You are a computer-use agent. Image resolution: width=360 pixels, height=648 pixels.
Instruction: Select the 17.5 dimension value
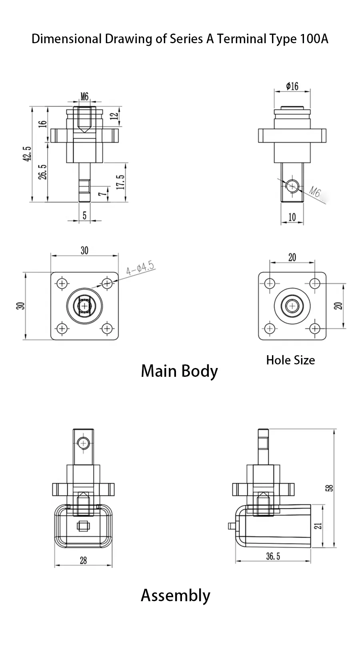121,182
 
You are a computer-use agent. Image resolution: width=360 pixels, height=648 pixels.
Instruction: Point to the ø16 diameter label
292,86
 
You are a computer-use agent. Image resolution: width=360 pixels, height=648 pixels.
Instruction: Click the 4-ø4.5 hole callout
140,268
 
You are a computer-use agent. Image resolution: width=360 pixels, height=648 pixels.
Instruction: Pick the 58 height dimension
330,488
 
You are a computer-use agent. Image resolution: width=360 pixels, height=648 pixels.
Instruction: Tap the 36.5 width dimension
273,556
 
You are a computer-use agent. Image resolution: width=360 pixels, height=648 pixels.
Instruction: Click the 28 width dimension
83,560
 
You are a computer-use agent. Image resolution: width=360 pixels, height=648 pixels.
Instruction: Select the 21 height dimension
318,526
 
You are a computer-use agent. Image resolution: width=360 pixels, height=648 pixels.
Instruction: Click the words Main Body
179,371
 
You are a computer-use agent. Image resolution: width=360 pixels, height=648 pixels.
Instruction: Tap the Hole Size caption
290,360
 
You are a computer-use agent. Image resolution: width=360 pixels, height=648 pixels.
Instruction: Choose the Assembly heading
175,595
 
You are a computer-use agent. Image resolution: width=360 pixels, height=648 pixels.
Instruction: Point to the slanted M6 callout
315,193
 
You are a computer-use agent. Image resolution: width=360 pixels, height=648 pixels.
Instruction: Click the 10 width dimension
292,217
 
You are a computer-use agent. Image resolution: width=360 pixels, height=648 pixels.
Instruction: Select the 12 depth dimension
114,116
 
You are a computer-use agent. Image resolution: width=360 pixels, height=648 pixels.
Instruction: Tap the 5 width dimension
84,215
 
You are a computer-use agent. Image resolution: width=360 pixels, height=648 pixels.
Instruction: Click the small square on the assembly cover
83,526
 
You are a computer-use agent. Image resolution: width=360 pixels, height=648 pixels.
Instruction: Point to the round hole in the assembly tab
84,443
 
